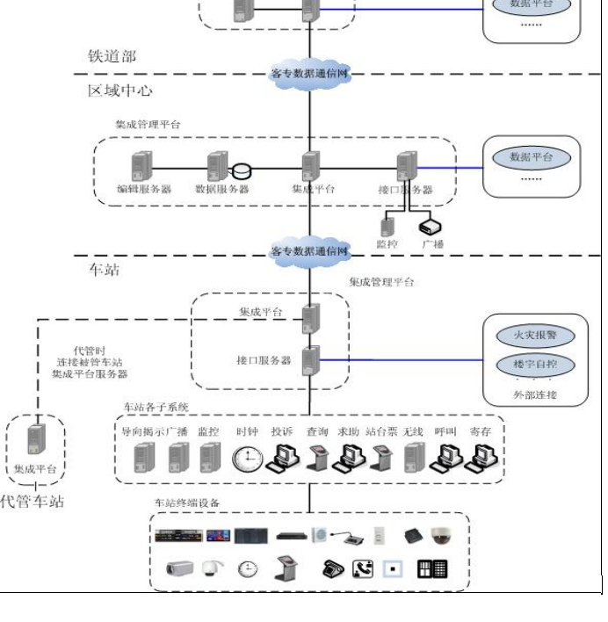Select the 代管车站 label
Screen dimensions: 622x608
33,503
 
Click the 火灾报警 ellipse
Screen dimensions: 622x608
531,336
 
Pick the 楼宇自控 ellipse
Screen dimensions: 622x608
531,365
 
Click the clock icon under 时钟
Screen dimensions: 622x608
247,458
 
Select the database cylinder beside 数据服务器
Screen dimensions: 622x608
242,170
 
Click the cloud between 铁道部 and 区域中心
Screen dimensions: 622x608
310,74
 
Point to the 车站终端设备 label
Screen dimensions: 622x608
186,503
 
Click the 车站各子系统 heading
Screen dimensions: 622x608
156,408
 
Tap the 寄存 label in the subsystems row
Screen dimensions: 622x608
480,431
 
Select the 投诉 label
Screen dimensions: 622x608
281,431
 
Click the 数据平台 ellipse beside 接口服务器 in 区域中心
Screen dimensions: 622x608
531,157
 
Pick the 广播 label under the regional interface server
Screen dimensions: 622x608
432,243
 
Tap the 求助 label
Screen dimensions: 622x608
349,431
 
